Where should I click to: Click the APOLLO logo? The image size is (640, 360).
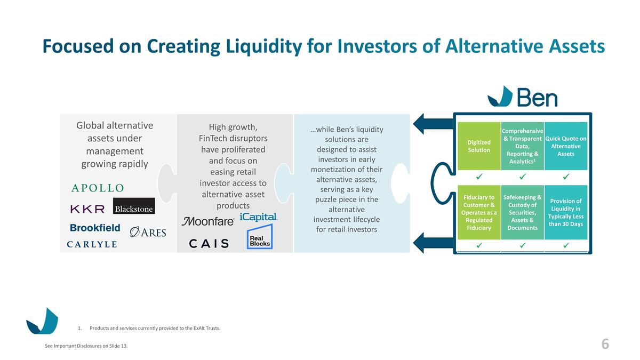(x=98, y=188)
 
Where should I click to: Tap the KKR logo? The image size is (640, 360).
(x=87, y=209)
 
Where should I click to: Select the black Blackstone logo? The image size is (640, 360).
(x=134, y=206)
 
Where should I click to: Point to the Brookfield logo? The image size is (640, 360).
(x=95, y=228)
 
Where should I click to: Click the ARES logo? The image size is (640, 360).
(x=148, y=232)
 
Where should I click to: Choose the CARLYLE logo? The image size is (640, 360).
(x=92, y=244)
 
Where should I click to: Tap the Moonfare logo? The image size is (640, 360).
(x=208, y=221)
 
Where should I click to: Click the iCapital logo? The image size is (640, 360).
(x=259, y=217)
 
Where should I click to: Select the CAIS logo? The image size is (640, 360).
(x=209, y=243)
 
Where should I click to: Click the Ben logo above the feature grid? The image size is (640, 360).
(x=523, y=97)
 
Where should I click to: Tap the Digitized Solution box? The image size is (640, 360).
(x=479, y=146)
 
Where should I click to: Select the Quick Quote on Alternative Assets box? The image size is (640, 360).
(x=566, y=146)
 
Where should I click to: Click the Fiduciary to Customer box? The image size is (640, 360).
(x=479, y=212)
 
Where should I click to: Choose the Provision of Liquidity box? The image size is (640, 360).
(x=566, y=212)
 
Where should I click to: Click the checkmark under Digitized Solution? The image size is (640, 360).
(x=479, y=177)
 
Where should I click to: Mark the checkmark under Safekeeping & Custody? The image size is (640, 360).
(x=523, y=245)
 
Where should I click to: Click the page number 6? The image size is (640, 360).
(x=605, y=345)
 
